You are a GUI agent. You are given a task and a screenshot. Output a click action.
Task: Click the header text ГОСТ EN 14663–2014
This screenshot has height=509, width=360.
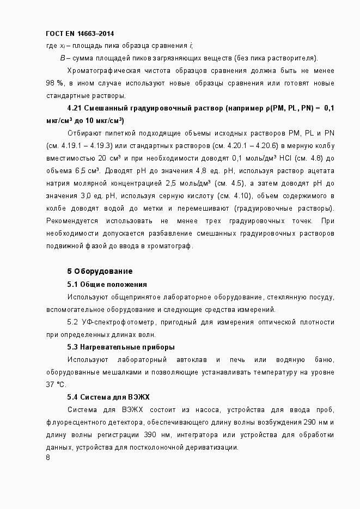(80, 34)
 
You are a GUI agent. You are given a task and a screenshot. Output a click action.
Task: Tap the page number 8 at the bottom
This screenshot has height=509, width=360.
(48, 457)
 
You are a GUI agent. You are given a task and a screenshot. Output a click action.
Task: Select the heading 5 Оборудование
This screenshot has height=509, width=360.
(100, 271)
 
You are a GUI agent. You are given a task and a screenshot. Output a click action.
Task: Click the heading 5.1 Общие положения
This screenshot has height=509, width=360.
(107, 284)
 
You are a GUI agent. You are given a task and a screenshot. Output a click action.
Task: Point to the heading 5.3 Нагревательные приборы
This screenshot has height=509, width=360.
(120, 347)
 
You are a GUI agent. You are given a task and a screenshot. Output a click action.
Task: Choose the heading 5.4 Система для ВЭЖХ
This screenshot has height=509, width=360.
(108, 397)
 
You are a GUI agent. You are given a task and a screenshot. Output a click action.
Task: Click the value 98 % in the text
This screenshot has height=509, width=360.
(55, 83)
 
